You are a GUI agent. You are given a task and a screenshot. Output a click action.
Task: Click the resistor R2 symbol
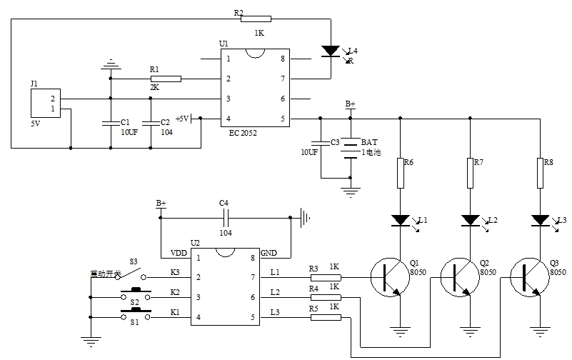256,19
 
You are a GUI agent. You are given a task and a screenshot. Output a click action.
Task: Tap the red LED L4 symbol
330,51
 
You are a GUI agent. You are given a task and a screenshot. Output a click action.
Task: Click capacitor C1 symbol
111,123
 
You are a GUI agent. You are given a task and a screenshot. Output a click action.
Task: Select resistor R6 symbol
401,172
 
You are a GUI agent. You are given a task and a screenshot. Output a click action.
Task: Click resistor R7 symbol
470,172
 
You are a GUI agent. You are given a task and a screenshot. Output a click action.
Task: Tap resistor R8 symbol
539,172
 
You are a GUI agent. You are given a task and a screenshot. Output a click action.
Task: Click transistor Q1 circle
391,276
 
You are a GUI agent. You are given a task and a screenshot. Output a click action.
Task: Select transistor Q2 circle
459,277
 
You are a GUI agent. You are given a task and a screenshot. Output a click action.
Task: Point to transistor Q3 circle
529,277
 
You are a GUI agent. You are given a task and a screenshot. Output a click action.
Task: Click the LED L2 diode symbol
470,219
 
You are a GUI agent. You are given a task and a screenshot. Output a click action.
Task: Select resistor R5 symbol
326,317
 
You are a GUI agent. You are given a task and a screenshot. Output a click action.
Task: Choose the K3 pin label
174,272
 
